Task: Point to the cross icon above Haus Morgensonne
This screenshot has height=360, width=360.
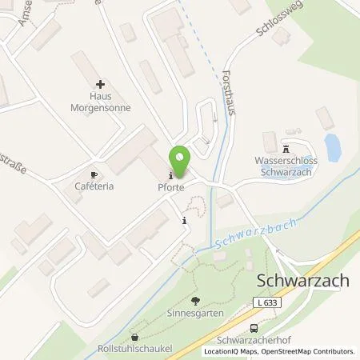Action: click(x=100, y=83)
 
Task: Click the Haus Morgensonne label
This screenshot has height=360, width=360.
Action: click(x=99, y=102)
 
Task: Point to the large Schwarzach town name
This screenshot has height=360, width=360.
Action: click(x=305, y=282)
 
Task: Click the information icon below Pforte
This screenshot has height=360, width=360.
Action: click(x=186, y=221)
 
